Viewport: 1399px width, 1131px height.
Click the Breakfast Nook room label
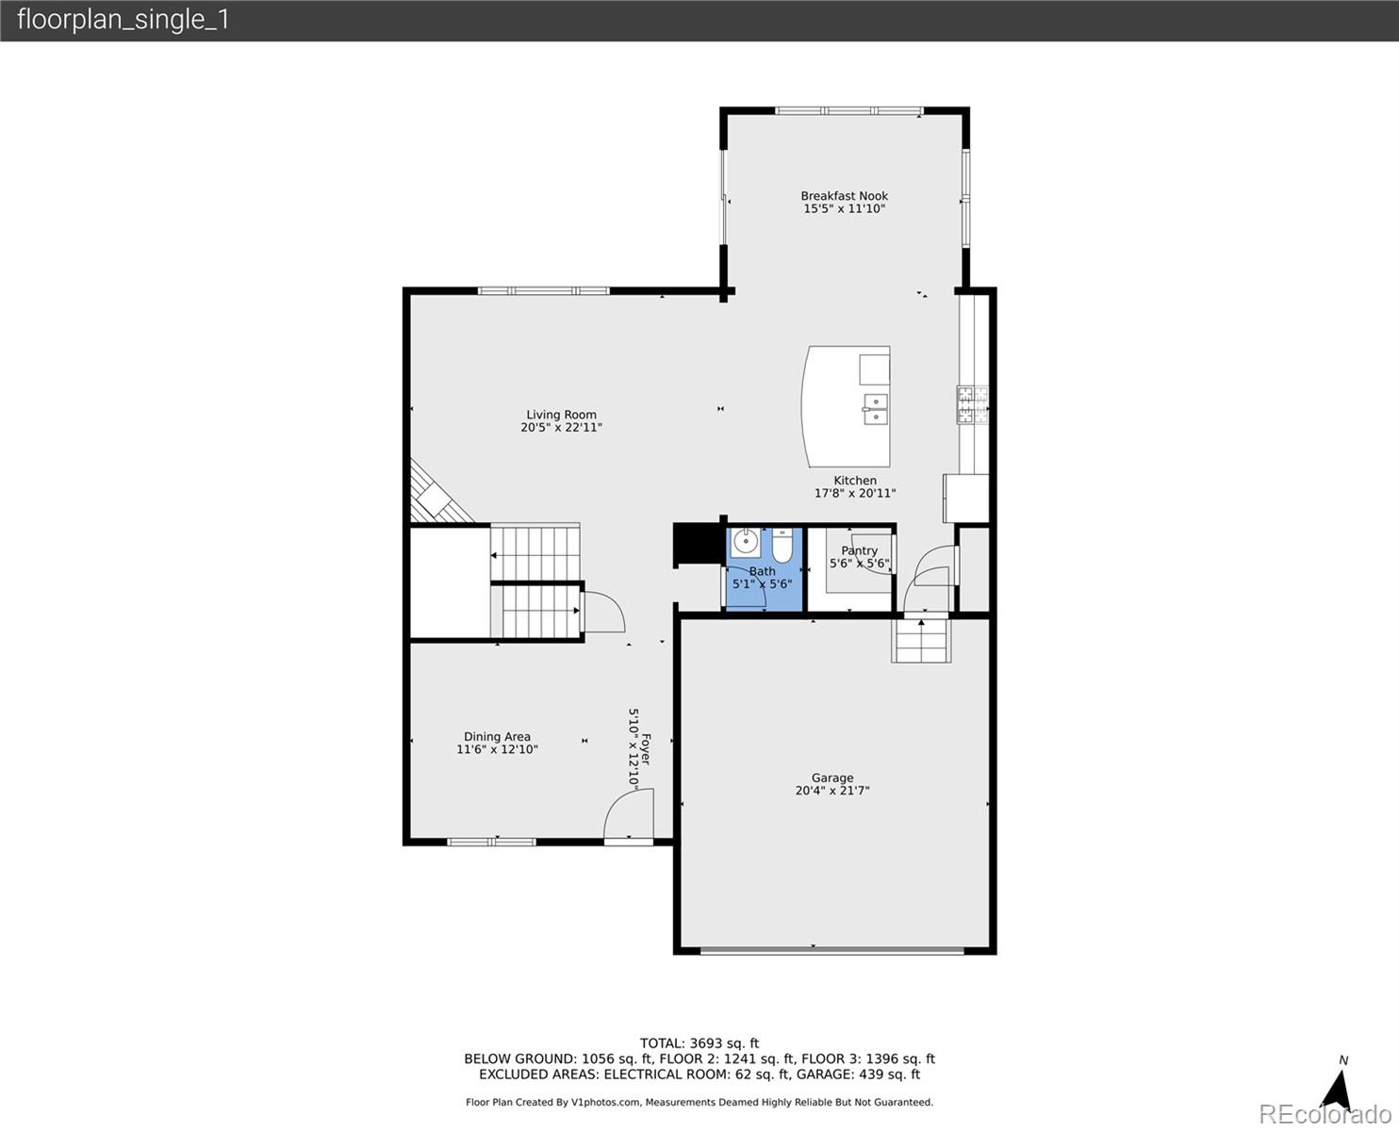click(844, 196)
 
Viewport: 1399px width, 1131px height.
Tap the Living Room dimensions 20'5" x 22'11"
click(561, 428)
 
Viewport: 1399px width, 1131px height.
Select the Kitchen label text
click(854, 481)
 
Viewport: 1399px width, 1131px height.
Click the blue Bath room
click(763, 589)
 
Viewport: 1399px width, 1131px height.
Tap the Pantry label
click(859, 550)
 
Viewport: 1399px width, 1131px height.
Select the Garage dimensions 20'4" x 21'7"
click(831, 792)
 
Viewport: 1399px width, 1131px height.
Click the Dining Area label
click(497, 737)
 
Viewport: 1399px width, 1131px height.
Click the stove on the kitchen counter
click(972, 404)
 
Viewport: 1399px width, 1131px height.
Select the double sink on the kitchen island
click(876, 409)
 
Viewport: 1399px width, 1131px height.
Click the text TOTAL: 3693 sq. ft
click(699, 1043)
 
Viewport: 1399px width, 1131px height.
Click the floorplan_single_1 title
click(123, 20)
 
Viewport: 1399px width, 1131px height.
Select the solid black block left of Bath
click(697, 546)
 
